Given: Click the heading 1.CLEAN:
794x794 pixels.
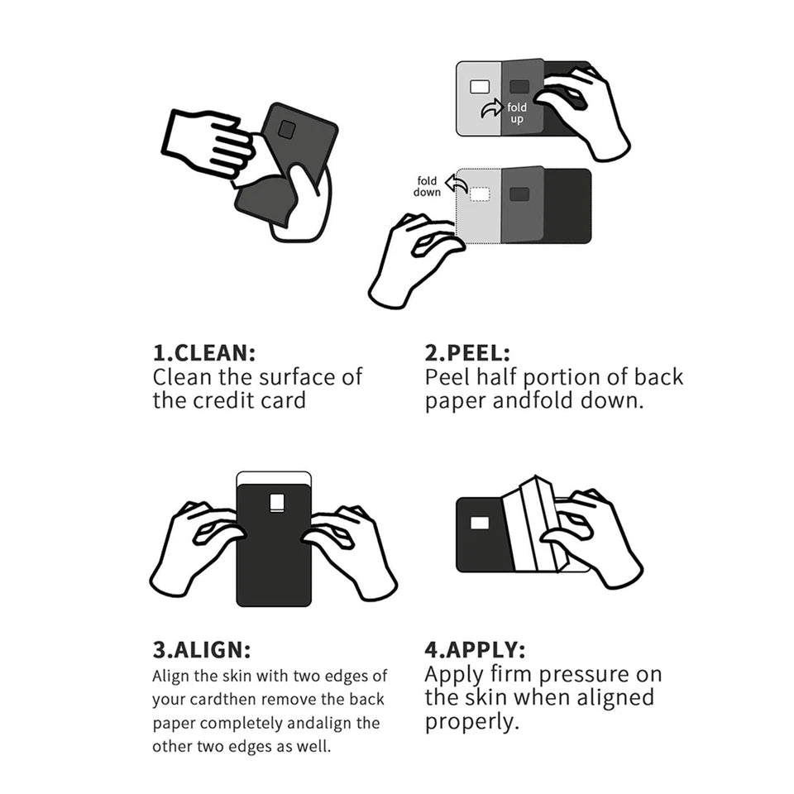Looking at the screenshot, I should (203, 352).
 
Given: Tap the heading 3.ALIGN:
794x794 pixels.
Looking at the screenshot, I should (201, 649).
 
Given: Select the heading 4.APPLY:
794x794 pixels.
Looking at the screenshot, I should (475, 649).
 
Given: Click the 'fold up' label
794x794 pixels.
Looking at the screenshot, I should (517, 113).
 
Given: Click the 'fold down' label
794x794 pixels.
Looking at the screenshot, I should (427, 187).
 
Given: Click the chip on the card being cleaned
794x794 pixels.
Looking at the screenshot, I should (286, 130).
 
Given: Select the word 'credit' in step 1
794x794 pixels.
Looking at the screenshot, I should (241, 401).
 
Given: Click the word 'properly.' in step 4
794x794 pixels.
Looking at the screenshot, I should (472, 722).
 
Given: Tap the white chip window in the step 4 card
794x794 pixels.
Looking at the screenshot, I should (479, 523).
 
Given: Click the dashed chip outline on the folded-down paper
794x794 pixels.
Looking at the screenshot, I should (480, 194).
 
